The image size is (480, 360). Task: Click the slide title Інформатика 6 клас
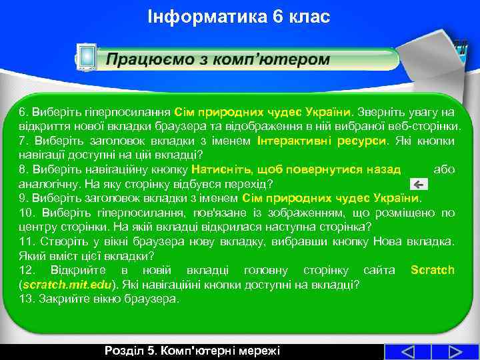pyautogui.click(x=239, y=16)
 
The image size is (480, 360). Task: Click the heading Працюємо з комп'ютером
pyautogui.click(x=218, y=59)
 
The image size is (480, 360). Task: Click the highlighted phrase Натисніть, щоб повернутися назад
pyautogui.click(x=296, y=169)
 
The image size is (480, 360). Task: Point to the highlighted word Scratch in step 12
pyautogui.click(x=432, y=270)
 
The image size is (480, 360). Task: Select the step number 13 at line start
pyautogui.click(x=25, y=299)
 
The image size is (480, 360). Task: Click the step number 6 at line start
pyautogui.click(x=22, y=112)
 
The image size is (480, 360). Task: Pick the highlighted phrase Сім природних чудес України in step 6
pyautogui.click(x=263, y=112)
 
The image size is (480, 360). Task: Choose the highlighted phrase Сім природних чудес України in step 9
pyautogui.click(x=331, y=198)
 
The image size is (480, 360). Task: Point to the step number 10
pyautogui.click(x=26, y=213)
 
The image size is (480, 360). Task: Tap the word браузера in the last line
pyautogui.click(x=156, y=299)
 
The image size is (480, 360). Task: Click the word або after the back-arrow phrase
pyautogui.click(x=443, y=169)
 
